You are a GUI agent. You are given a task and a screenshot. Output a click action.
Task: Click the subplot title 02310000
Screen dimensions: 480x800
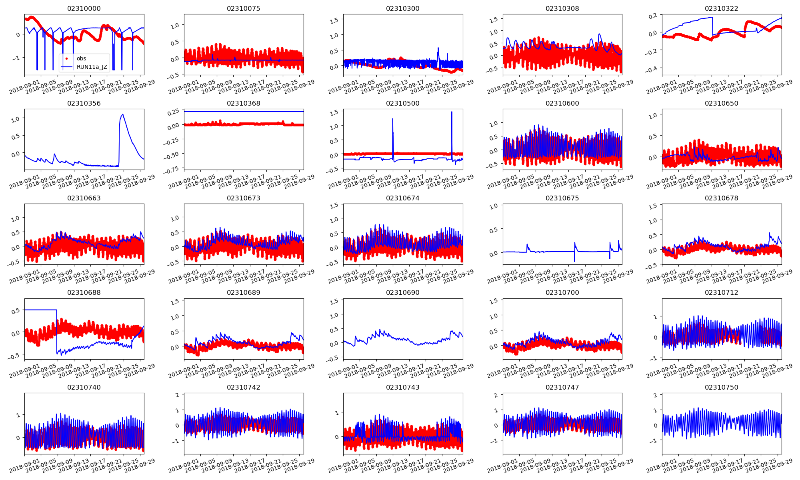(84, 8)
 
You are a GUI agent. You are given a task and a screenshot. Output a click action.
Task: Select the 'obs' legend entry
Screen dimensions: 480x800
(81, 58)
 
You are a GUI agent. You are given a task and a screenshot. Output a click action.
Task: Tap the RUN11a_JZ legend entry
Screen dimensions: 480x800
(92, 67)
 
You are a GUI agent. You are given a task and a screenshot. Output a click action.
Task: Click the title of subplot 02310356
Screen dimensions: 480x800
(84, 103)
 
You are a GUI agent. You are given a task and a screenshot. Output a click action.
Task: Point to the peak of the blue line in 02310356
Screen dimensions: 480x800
(122, 114)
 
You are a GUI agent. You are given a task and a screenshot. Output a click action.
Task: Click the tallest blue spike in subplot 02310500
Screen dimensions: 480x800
(452, 112)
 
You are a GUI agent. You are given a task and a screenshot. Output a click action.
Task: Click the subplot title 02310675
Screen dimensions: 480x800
(562, 198)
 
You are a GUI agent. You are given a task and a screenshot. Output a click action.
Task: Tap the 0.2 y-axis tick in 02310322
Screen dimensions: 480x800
(652, 16)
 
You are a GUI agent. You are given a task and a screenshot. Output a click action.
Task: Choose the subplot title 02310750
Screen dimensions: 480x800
(721, 387)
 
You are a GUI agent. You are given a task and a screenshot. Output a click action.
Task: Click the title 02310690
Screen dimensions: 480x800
(403, 292)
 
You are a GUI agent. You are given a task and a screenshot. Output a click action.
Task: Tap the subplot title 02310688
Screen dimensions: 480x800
(84, 292)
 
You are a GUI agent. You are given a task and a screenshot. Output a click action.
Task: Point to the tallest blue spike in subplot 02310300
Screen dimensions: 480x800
(438, 48)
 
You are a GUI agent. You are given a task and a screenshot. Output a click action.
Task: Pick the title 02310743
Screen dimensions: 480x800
(403, 387)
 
